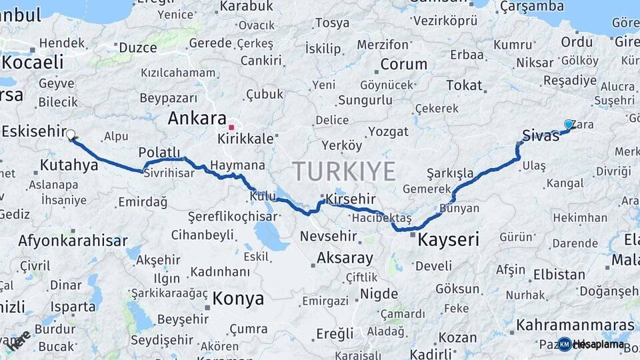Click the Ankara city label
pyautogui.click(x=197, y=119)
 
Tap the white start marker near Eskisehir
pyautogui.click(x=71, y=134)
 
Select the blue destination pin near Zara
pyautogui.click(x=569, y=124)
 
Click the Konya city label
pyautogui.click(x=237, y=298)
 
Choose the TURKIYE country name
pyautogui.click(x=344, y=171)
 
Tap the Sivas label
pyautogui.click(x=541, y=136)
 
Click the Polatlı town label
pyautogui.click(x=160, y=151)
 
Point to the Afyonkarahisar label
pyautogui.click(x=73, y=241)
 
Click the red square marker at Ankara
pyautogui.click(x=231, y=127)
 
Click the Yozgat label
pyautogui.click(x=388, y=131)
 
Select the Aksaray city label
pyautogui.click(x=345, y=257)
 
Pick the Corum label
pyautogui.click(x=403, y=65)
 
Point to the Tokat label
pyautogui.click(x=464, y=85)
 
